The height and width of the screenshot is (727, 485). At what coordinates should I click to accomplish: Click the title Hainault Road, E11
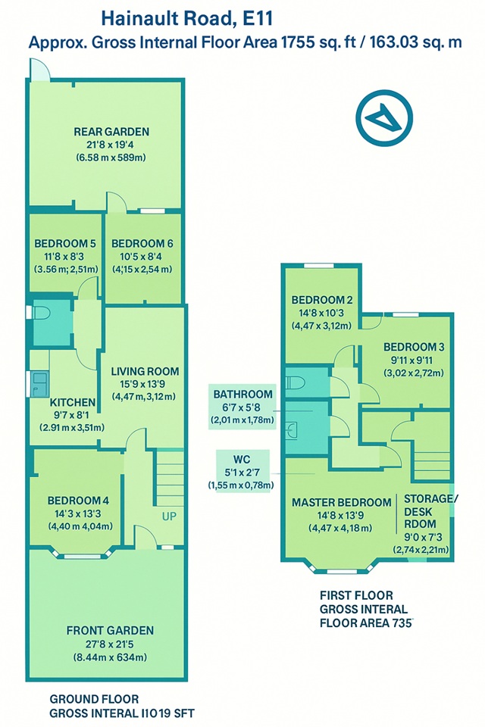(187, 18)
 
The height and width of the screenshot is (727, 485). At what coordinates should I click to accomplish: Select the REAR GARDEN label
(111, 132)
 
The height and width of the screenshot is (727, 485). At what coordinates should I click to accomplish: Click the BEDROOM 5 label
(65, 243)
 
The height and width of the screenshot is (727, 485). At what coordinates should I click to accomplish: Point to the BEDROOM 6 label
(142, 243)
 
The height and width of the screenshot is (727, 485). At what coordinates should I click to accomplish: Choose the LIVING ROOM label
(145, 371)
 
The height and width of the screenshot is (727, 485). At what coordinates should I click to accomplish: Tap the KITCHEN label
(73, 402)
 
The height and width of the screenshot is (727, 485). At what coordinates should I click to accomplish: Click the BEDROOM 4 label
(78, 501)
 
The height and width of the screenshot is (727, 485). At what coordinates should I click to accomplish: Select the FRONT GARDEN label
(110, 631)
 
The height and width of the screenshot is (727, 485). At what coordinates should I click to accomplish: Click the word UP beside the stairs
(169, 516)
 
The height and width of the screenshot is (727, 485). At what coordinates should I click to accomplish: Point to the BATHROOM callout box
(242, 407)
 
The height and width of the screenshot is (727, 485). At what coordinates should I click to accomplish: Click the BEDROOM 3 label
(414, 347)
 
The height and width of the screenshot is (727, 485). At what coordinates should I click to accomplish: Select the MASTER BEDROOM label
(341, 503)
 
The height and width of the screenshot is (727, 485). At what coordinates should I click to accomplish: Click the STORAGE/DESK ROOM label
(430, 511)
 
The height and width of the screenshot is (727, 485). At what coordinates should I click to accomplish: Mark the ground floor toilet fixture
(41, 313)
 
